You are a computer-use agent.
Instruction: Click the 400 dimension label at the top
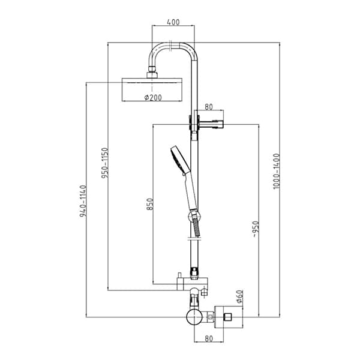[x=173, y=22]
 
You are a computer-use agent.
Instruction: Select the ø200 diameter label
[x=153, y=98]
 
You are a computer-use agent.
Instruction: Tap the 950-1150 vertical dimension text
[x=104, y=163]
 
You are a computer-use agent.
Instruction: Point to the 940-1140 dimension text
[x=83, y=201]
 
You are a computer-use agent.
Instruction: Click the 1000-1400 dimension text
[x=277, y=171]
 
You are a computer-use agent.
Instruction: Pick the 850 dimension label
[x=149, y=204]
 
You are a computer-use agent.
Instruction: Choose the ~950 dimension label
[x=256, y=229]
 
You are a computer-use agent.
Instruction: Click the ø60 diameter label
[x=239, y=296]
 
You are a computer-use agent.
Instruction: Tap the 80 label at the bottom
[x=209, y=338]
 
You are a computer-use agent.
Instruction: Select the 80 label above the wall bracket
[x=209, y=107]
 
